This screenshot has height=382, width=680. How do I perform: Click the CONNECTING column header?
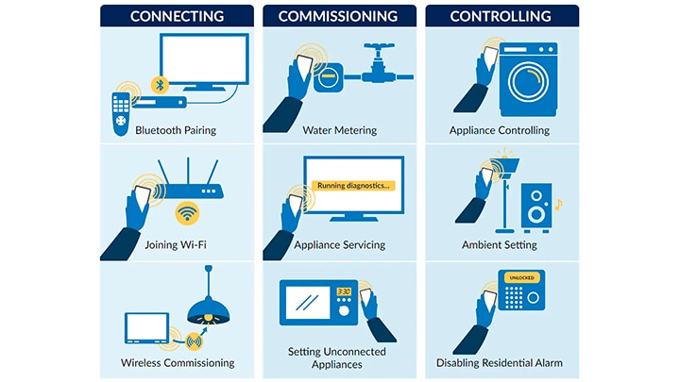point(177,16)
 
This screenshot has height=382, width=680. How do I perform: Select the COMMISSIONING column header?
point(338,16)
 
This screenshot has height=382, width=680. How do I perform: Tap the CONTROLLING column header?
point(501,16)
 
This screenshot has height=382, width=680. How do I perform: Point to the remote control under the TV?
point(121,113)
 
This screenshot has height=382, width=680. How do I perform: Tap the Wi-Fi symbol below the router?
point(188,215)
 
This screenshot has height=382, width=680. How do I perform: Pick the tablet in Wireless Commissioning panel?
point(147,327)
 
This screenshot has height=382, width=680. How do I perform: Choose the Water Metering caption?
point(339,130)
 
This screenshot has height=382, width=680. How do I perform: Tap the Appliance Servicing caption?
point(339,245)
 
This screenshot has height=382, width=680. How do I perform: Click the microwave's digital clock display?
point(344,291)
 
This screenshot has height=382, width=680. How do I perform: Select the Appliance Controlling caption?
point(500,130)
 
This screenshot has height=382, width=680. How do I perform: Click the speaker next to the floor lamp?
point(536,208)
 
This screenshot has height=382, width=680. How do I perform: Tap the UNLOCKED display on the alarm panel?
point(520,278)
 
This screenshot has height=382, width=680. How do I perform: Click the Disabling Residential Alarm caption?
point(500,362)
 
